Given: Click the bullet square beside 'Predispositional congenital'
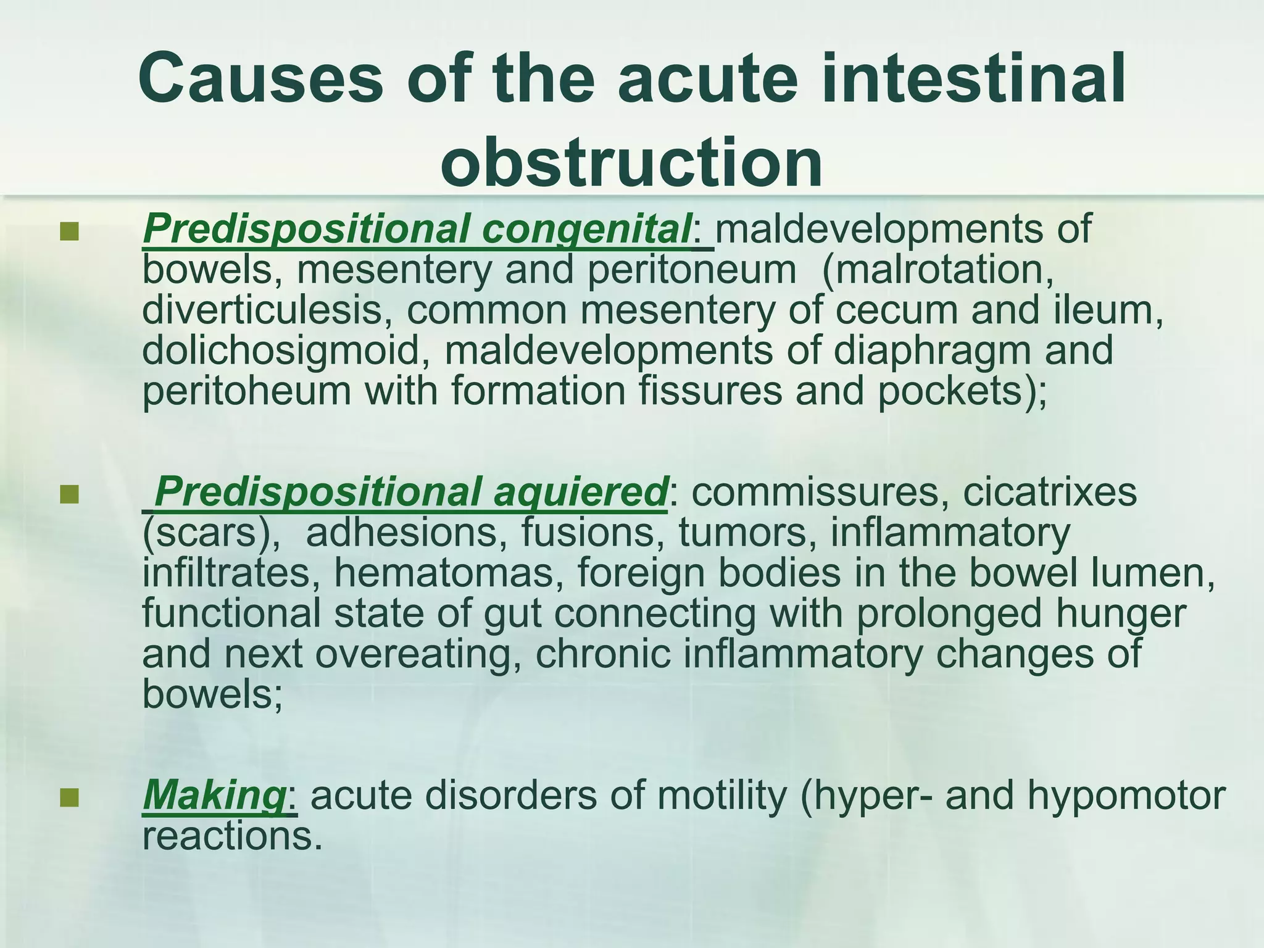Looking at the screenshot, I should coord(70,231).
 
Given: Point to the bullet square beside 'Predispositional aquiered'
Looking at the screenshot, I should coord(70,494).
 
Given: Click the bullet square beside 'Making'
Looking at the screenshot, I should coord(70,797).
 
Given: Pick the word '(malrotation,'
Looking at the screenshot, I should coord(938,270).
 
